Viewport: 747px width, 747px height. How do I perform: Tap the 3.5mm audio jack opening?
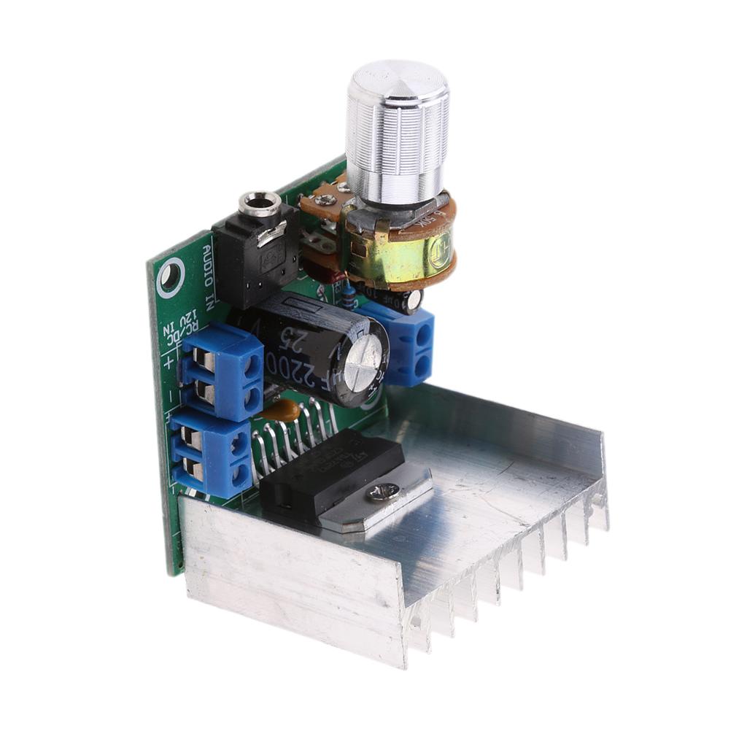point(260,201)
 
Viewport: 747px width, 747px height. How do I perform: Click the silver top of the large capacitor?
point(363,363)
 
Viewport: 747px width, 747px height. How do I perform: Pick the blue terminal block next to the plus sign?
point(222,372)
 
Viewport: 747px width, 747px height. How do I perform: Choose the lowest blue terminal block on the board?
point(212,452)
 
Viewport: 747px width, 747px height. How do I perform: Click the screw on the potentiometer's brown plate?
point(325,200)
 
